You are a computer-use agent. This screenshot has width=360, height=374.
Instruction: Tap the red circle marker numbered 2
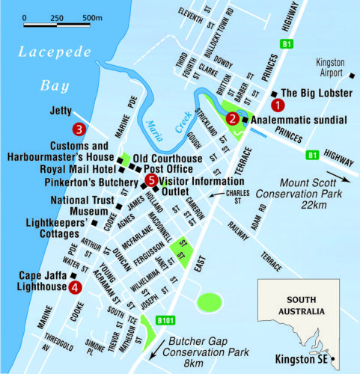pyautogui.click(x=233, y=118)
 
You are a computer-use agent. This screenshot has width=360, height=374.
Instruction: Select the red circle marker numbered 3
pyautogui.click(x=77, y=129)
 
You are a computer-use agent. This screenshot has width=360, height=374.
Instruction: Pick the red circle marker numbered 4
pyautogui.click(x=74, y=287)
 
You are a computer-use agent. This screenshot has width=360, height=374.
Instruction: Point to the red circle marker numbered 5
pyautogui.click(x=151, y=180)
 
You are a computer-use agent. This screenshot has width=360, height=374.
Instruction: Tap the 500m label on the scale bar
pyautogui.click(x=91, y=16)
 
